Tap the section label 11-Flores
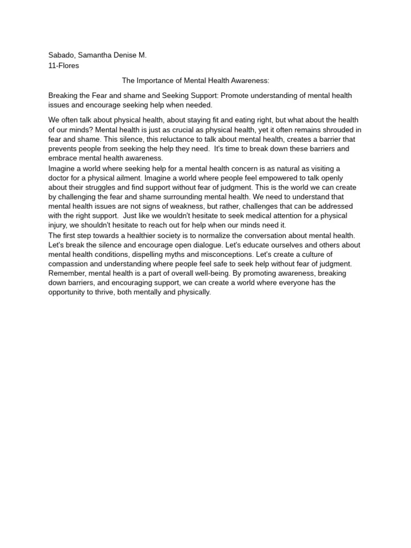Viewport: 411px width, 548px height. pyautogui.click(x=64, y=65)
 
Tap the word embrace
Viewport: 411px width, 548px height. pyautogui.click(x=63, y=158)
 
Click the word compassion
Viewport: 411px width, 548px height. pyautogui.click(x=72, y=264)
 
